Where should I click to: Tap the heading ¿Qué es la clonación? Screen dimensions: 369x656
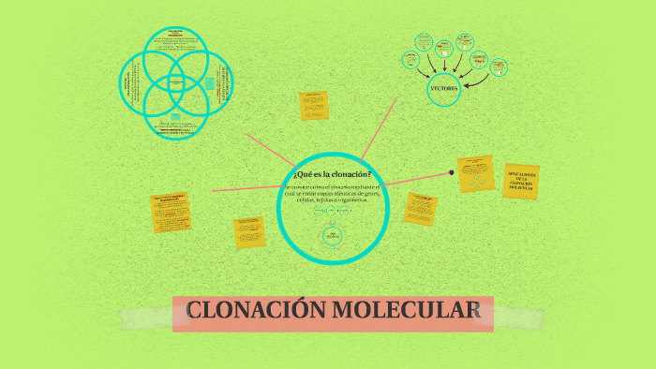(332, 175)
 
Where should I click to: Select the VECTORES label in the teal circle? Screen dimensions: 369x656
(443, 88)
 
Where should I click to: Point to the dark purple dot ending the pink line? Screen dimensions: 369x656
(452, 172)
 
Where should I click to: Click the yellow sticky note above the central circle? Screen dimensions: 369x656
(313, 106)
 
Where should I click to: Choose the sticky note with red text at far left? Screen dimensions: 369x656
(172, 214)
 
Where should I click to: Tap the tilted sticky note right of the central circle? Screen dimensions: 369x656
(421, 208)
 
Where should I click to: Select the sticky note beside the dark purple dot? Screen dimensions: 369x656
(476, 174)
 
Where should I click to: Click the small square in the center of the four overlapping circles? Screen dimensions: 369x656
(176, 82)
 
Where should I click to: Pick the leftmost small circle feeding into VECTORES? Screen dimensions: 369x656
(410, 60)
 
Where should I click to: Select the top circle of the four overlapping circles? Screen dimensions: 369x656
(176, 52)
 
